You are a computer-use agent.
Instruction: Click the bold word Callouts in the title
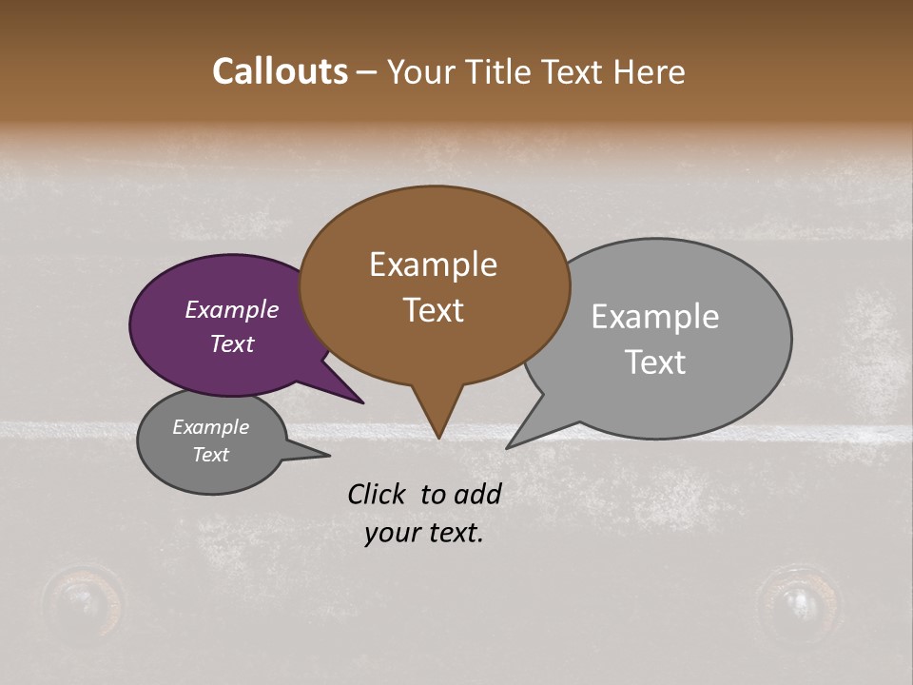(x=280, y=71)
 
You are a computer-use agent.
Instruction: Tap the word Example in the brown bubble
(x=433, y=264)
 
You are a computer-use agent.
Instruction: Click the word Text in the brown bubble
(x=433, y=310)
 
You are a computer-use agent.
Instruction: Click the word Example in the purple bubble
(x=231, y=310)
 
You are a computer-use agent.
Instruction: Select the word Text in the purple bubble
(x=231, y=343)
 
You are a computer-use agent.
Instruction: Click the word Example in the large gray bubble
(x=654, y=317)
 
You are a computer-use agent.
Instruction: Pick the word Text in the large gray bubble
(x=654, y=362)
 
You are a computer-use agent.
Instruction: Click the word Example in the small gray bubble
(x=210, y=427)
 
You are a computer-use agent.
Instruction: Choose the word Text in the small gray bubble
(x=210, y=455)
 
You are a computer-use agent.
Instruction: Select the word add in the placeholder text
(x=477, y=494)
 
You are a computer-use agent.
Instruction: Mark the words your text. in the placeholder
(x=423, y=533)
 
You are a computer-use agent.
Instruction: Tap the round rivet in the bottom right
(x=795, y=601)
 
